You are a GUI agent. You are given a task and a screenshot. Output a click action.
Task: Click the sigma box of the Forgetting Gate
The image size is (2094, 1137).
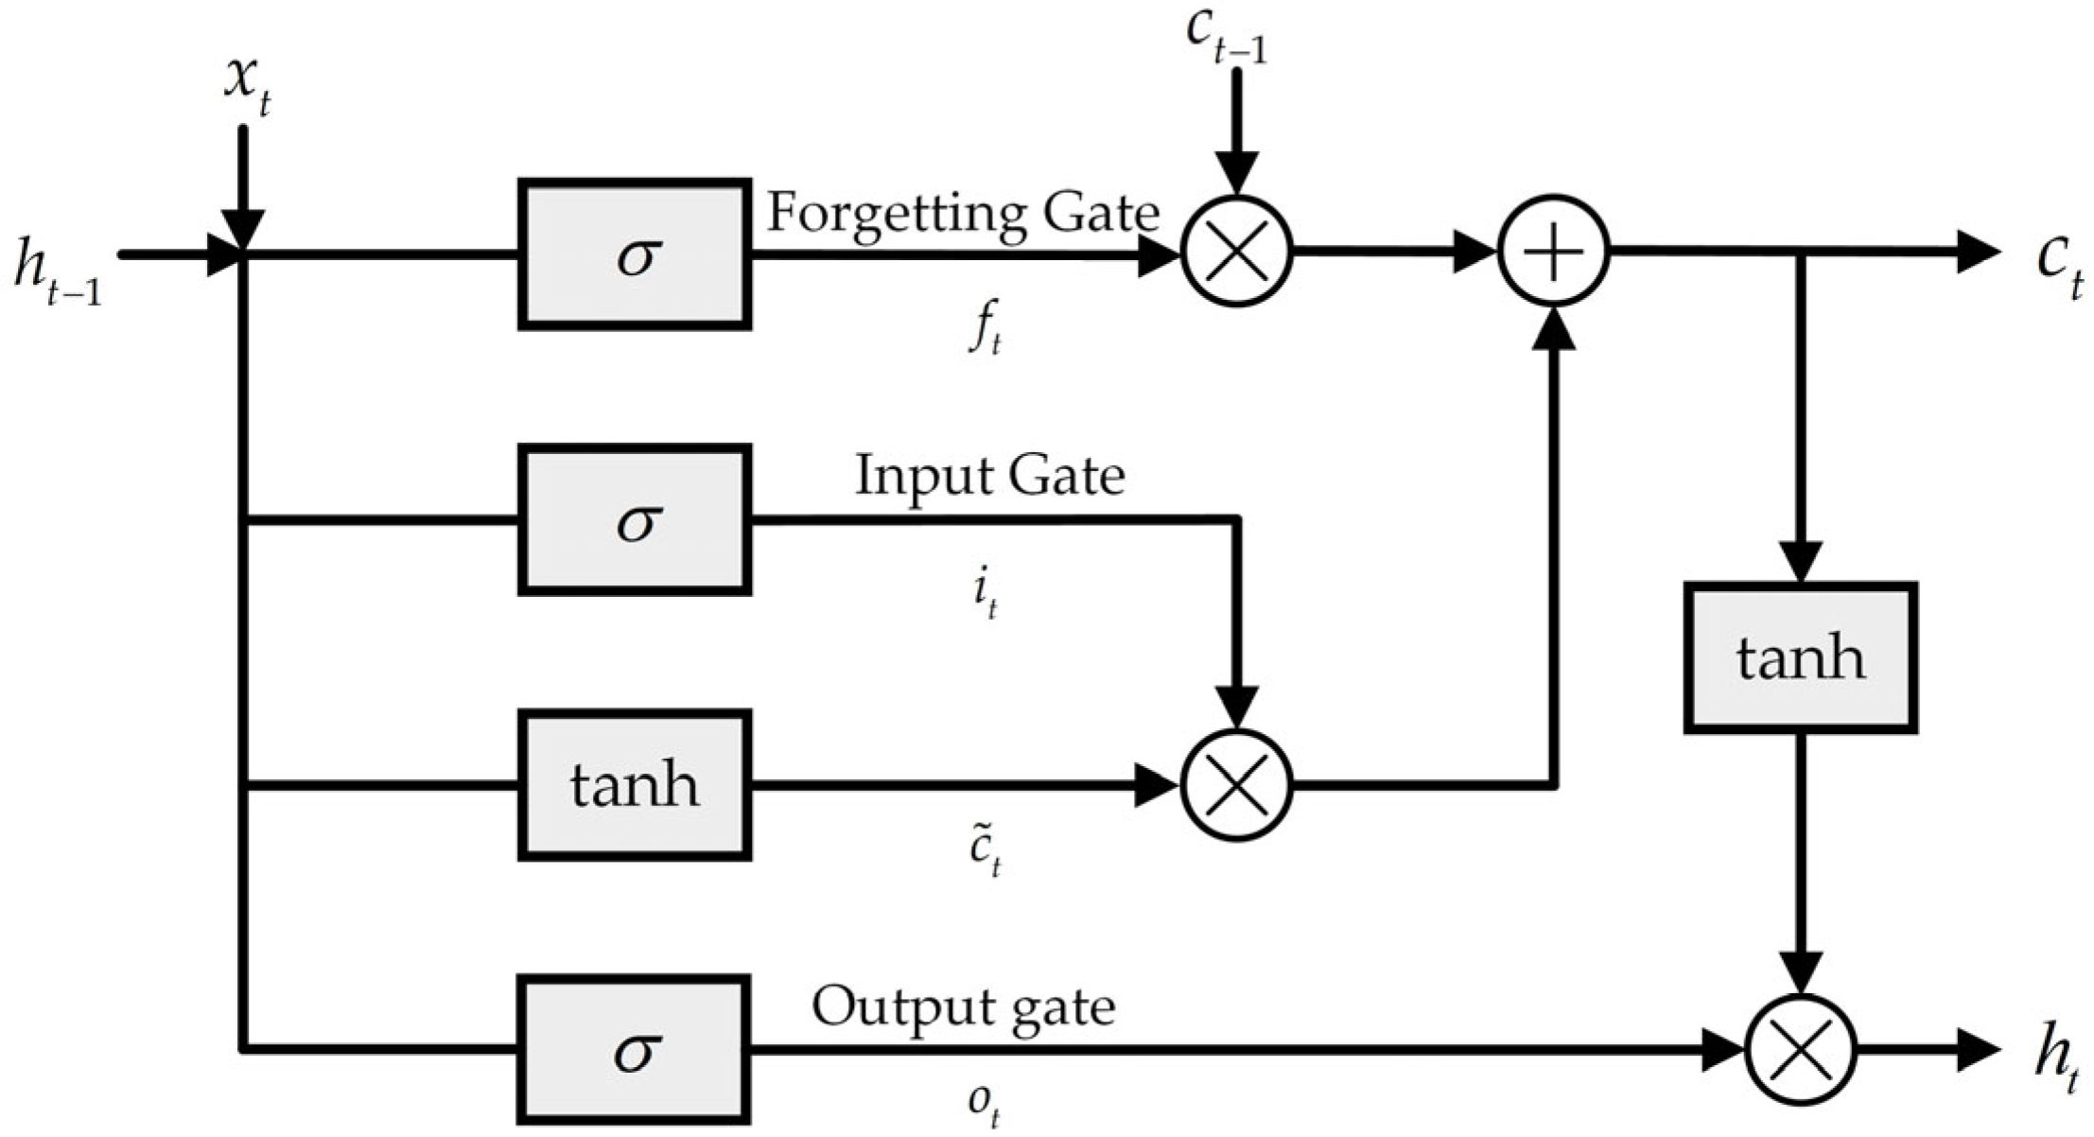[x=635, y=254]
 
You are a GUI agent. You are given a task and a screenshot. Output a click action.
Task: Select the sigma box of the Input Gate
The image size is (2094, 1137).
[x=635, y=519]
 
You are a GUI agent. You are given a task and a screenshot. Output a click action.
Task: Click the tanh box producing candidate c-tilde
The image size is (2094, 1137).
[x=635, y=785]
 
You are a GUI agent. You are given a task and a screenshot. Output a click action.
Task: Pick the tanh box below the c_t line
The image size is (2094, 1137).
[x=1800, y=658]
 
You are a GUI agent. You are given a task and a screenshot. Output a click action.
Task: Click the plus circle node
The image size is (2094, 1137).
[x=1553, y=252]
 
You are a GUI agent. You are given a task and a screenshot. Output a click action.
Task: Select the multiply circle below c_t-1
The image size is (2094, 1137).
[x=1236, y=252]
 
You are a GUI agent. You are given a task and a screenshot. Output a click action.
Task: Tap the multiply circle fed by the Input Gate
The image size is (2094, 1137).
[x=1236, y=785]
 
